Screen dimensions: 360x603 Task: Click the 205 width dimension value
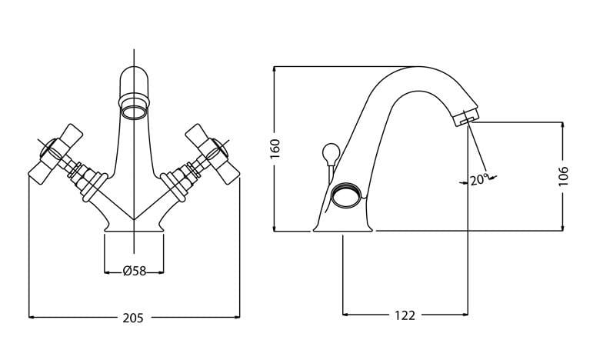point(133,317)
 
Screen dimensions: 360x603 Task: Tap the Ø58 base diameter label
point(134,271)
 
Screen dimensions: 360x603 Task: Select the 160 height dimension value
point(275,148)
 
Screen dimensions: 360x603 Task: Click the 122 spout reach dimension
point(405,315)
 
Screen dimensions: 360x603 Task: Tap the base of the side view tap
point(345,226)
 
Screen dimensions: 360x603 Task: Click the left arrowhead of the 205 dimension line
point(32,316)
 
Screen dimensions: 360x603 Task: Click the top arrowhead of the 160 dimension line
point(275,70)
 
